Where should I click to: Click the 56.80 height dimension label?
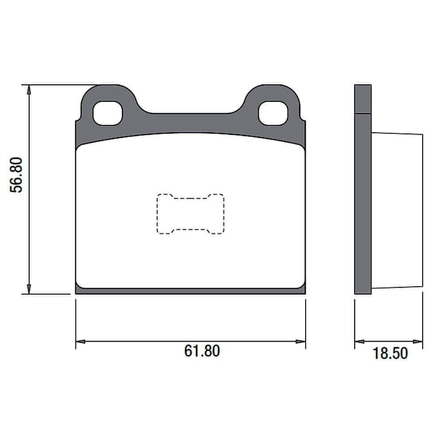pos(16,175)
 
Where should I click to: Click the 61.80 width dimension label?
pos(202,351)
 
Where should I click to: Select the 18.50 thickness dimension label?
pos(390,353)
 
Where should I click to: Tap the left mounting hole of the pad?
pos(108,113)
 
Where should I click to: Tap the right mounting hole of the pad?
pos(273,113)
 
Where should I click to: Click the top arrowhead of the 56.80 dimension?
pos(28,90)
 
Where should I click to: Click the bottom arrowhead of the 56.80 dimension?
pos(28,289)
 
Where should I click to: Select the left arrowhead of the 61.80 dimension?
pos(81,342)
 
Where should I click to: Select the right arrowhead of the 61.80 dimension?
pos(301,342)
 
